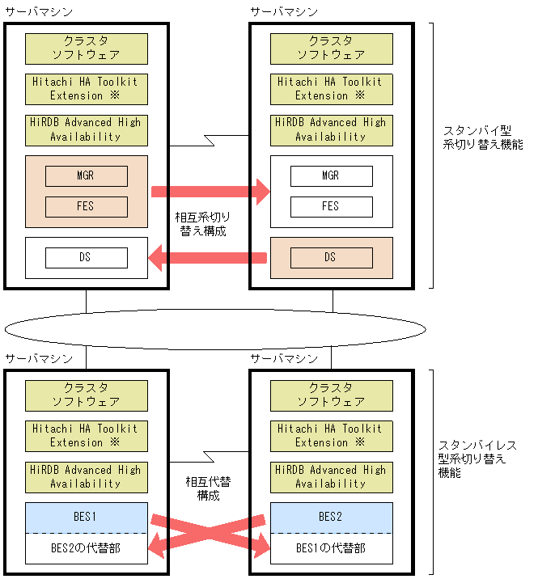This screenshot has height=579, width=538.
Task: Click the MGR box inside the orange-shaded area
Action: point(87,176)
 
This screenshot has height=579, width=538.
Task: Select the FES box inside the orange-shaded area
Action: point(87,206)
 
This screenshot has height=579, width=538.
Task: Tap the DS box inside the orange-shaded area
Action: point(330,257)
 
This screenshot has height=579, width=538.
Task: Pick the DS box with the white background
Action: point(87,258)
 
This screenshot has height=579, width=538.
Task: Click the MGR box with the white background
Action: point(331,176)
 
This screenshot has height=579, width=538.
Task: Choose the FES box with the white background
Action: point(331,206)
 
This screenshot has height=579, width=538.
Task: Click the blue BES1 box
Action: point(87,517)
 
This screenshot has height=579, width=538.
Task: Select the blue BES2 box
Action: point(331,517)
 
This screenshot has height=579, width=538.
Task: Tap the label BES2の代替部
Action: point(87,547)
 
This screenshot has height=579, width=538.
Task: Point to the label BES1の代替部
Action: point(331,547)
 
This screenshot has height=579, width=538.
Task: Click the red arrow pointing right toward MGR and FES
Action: point(210,192)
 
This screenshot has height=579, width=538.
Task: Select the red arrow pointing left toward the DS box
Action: point(209,258)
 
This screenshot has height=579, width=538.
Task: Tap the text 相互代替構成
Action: point(208,488)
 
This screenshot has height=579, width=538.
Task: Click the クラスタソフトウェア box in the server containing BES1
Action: point(87,395)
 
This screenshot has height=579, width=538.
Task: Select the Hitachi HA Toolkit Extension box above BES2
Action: point(331,435)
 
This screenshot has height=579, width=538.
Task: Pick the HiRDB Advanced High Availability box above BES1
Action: point(87,476)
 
